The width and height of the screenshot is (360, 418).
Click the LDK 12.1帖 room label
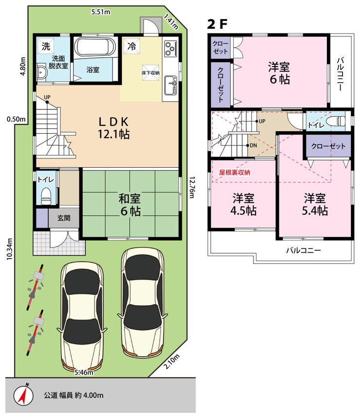[114, 128]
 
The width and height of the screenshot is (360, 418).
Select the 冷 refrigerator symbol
[131, 46]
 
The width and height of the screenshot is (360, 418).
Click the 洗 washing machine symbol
[46, 46]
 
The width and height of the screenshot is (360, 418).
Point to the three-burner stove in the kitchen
[171, 48]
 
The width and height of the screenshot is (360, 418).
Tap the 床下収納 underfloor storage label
[150, 72]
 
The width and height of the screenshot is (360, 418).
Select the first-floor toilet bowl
[46, 196]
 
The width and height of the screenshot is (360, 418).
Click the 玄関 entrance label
[64, 218]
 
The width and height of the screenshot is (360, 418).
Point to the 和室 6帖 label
[130, 205]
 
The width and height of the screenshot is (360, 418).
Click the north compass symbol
[23, 395]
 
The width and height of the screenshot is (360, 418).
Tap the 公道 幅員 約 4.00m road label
[73, 395]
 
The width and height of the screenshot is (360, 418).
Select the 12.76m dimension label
[191, 188]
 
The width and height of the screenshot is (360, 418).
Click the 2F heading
[217, 24]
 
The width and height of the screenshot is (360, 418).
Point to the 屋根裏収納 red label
[234, 173]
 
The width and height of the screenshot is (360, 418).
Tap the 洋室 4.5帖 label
[243, 205]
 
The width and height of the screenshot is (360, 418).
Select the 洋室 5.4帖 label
[315, 205]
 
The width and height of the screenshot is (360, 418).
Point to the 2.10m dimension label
[171, 362]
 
